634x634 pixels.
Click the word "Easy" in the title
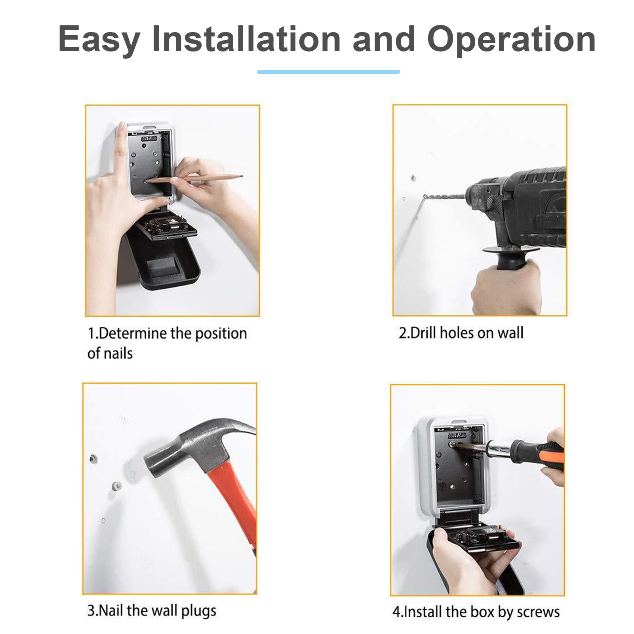tap(99, 40)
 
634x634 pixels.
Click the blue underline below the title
tap(328, 72)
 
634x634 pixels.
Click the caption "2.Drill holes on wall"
tap(461, 333)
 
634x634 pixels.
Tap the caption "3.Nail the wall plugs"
tap(152, 611)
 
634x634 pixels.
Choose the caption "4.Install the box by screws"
tap(476, 612)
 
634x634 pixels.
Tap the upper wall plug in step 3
tap(93, 459)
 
